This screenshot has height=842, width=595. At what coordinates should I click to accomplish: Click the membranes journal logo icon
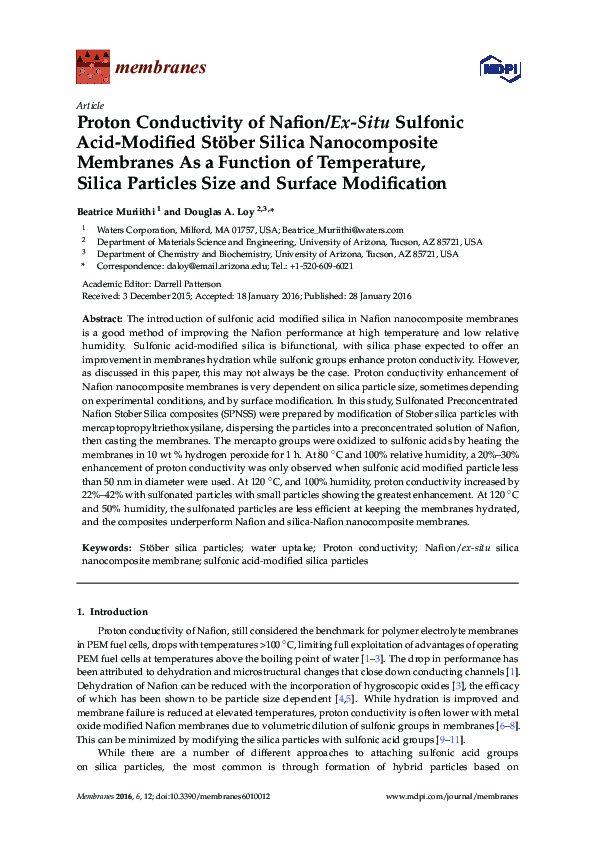[x=92, y=69]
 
